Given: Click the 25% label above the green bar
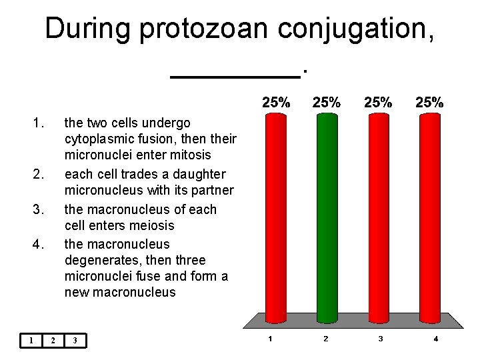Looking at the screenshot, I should point(327,103).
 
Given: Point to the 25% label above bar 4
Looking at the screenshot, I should point(430,103).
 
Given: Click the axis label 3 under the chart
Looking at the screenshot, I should point(381,339).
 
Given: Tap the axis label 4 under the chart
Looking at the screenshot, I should point(435,339).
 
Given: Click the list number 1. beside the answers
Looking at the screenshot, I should point(39,123).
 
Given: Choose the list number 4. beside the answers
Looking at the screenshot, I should point(39,244).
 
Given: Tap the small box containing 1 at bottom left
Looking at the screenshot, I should point(31,341).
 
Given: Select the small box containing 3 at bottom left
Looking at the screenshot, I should point(75,341).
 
